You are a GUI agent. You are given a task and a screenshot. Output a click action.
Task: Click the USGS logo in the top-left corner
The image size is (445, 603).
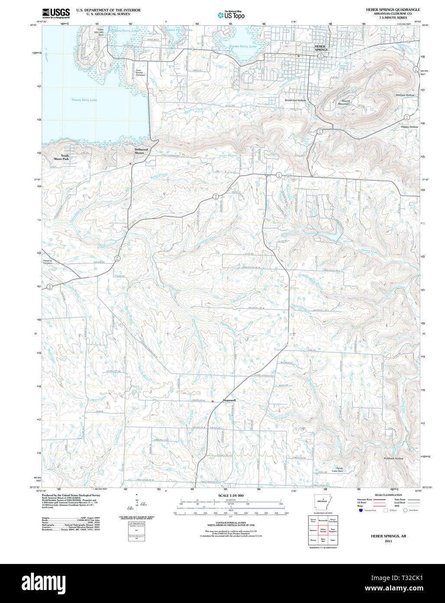coord(56,13)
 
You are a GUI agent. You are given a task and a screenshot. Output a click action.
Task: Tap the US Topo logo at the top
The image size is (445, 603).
coord(231,15)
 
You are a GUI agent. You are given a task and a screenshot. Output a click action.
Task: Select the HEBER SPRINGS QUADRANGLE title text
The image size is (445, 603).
coord(393,10)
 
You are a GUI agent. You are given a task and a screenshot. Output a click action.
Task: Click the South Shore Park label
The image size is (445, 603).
coord(65,157)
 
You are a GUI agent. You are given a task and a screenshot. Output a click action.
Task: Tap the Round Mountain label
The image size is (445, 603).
coord(344,102)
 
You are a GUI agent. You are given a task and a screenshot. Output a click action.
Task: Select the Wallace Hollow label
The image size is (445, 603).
coord(405,95)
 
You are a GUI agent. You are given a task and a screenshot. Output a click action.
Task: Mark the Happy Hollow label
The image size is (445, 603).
coord(409,127)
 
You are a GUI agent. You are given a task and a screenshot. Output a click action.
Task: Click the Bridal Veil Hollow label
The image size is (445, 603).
coord(295,100)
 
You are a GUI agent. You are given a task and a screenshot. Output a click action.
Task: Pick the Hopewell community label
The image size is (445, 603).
coord(229,400)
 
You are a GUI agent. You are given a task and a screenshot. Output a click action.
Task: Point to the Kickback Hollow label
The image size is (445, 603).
coord(393,458)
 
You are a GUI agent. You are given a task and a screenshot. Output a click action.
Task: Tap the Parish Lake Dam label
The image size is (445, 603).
coord(337,469)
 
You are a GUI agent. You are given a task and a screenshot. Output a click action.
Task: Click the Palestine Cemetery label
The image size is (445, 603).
coord(48,262)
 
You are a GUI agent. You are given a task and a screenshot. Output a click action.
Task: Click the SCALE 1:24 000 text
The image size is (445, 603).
coord(231,495)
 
